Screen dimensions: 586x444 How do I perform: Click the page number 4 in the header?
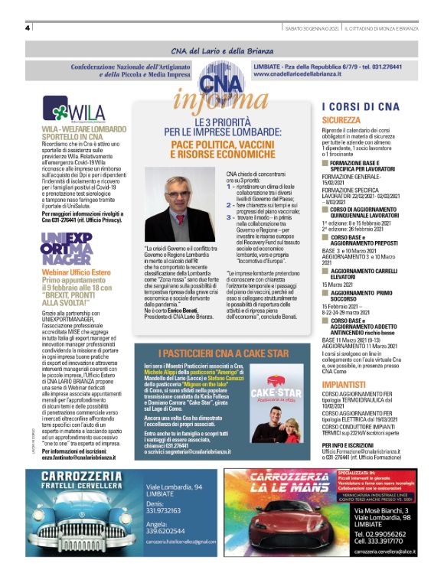(x=28, y=28)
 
